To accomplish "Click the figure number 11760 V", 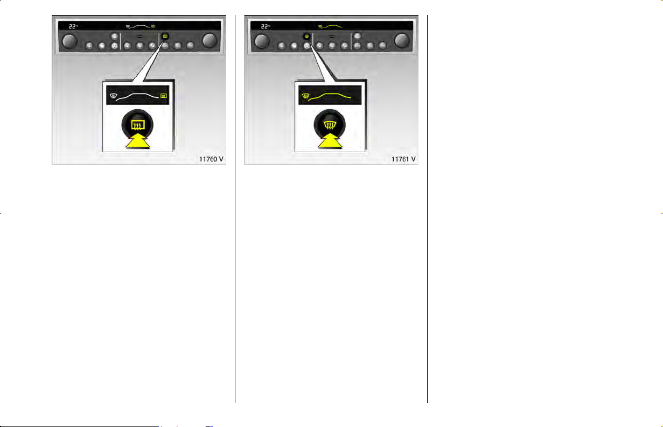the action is (211, 159).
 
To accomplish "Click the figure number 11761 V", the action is (403, 159).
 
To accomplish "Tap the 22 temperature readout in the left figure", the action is (72, 26).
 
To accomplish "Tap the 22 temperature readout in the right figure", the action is (264, 26).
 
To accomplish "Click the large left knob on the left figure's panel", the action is (70, 41).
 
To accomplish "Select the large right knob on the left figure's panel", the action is (210, 40).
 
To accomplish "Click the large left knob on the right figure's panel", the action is (262, 41).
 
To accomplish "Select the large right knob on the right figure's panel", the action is (402, 40).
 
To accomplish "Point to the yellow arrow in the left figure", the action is (138, 141).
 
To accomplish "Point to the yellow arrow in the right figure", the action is (330, 141).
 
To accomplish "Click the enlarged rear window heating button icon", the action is (138, 125).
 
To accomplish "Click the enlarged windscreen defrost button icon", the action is (330, 125).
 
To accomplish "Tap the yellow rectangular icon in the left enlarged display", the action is (163, 96).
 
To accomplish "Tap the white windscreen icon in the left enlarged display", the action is (113, 96).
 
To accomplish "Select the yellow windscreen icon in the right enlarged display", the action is (306, 96).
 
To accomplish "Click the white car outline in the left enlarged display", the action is (137, 97).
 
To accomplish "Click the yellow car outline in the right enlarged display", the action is (330, 97).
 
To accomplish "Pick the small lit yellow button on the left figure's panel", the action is (165, 36).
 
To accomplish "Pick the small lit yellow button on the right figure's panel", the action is (306, 36).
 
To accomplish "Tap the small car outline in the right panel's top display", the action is (332, 26).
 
